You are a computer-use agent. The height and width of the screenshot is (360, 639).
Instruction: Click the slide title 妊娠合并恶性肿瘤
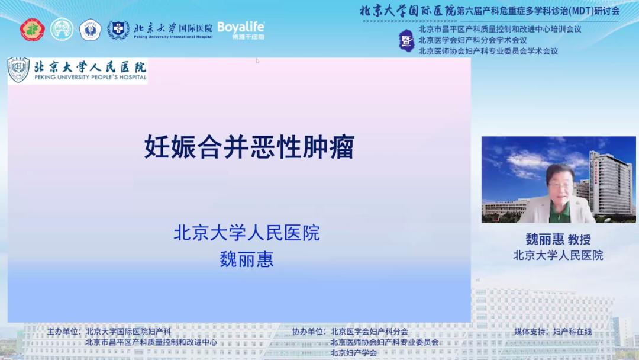pyautogui.click(x=249, y=147)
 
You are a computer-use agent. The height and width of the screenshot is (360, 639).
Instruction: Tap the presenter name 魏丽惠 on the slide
pyautogui.click(x=247, y=259)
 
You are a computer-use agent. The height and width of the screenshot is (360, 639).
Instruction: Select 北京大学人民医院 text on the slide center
pyautogui.click(x=247, y=233)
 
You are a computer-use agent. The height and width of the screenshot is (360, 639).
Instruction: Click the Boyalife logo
pyautogui.click(x=241, y=30)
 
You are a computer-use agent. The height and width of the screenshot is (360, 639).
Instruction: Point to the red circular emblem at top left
pyautogui.click(x=32, y=30)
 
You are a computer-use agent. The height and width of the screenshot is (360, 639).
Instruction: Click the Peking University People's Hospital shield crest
pyautogui.click(x=19, y=70)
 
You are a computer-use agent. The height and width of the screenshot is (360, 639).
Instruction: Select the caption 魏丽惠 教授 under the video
pyautogui.click(x=558, y=239)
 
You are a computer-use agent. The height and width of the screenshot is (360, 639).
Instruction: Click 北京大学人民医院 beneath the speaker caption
pyautogui.click(x=558, y=255)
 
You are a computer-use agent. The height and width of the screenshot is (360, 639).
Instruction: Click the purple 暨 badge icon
pyautogui.click(x=406, y=40)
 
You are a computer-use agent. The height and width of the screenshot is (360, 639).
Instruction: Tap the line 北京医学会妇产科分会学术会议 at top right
pyautogui.click(x=473, y=40)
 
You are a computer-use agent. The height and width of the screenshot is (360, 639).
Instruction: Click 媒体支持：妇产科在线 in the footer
pyautogui.click(x=553, y=332)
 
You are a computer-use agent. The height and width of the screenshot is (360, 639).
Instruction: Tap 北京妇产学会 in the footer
pyautogui.click(x=354, y=353)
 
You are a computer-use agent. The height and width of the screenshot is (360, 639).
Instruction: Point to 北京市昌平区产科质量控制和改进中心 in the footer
pyautogui.click(x=151, y=342)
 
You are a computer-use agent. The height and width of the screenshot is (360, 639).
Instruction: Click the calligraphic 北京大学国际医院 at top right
pyautogui.click(x=408, y=11)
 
